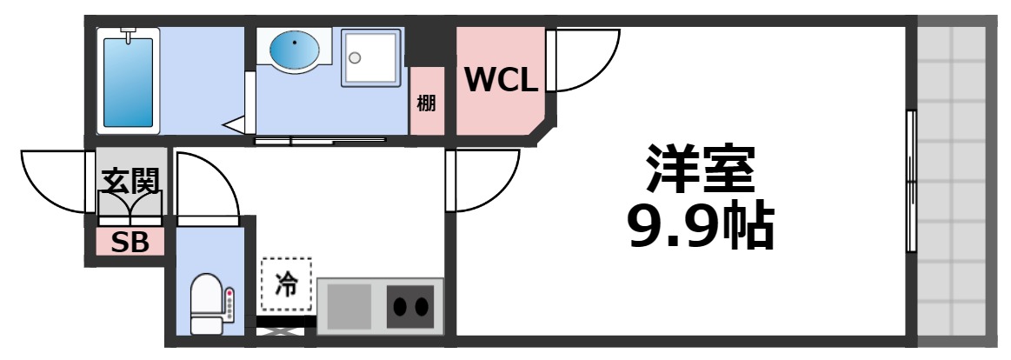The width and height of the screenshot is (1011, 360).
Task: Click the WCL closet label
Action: [x=501, y=81]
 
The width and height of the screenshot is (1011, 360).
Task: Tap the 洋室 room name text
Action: [x=698, y=170]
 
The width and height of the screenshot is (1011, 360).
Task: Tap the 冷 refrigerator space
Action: [x=285, y=283]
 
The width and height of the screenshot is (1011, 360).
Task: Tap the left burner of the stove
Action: [x=402, y=307]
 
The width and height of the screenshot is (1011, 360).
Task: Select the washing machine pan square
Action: [x=372, y=57]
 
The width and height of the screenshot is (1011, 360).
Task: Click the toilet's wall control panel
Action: [x=229, y=304]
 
